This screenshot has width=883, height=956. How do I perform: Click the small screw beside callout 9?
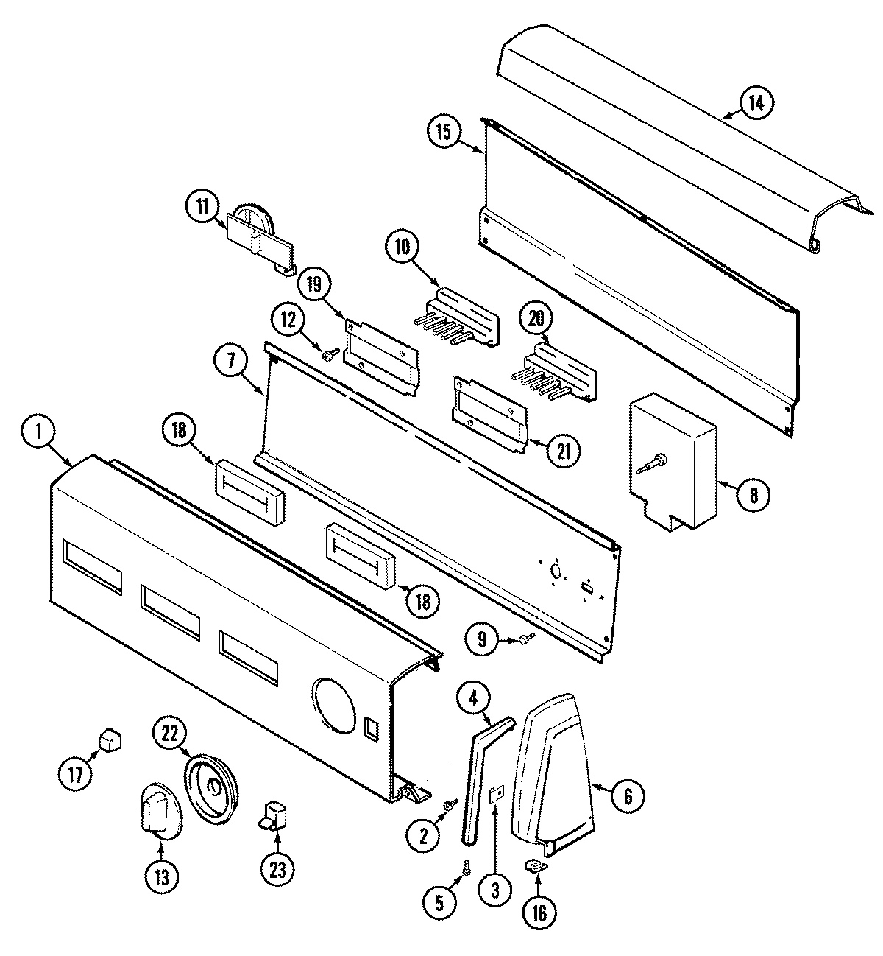point(524,640)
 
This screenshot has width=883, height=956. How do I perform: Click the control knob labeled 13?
point(156,812)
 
